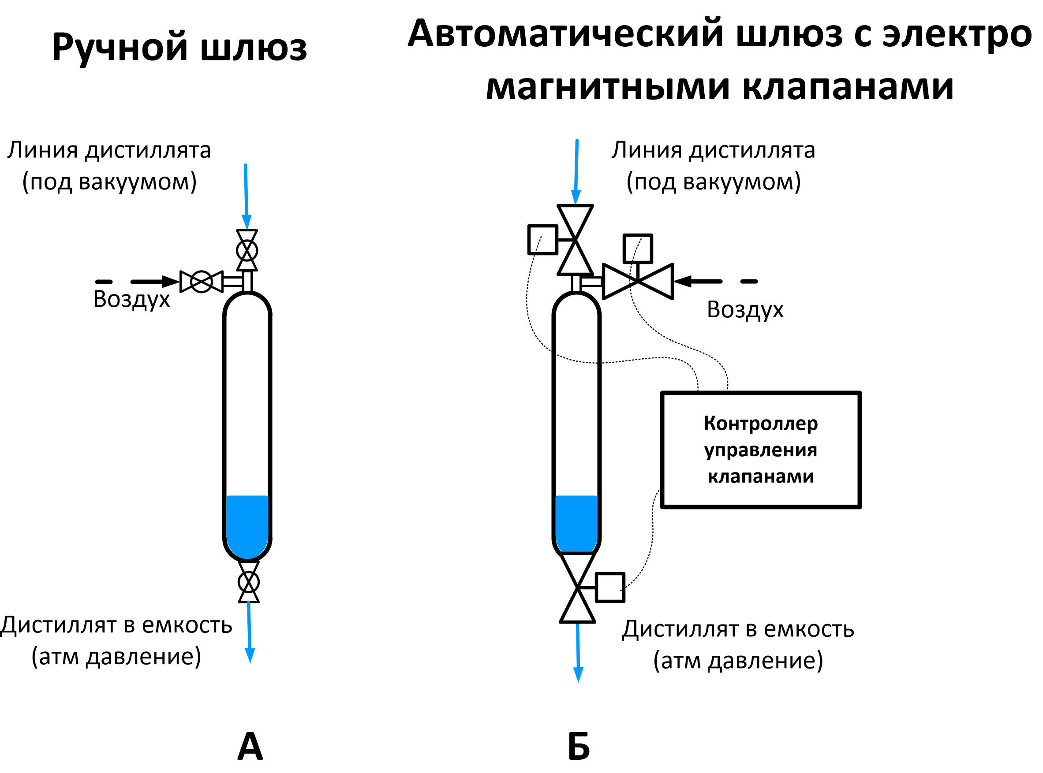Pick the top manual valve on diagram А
coord(247,250)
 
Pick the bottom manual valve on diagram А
coord(249,583)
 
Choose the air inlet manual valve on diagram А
coord(202,282)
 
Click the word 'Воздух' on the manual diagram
coord(131,300)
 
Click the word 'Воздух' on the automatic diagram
coord(745,310)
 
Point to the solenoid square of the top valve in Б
coord(542,240)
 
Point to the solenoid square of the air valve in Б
coord(638,249)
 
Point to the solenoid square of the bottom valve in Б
coord(610,587)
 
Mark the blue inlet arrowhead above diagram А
coord(247,222)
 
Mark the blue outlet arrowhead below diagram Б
coord(578,674)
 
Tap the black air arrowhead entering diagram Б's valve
coord(683,281)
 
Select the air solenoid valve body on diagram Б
coord(638,281)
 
